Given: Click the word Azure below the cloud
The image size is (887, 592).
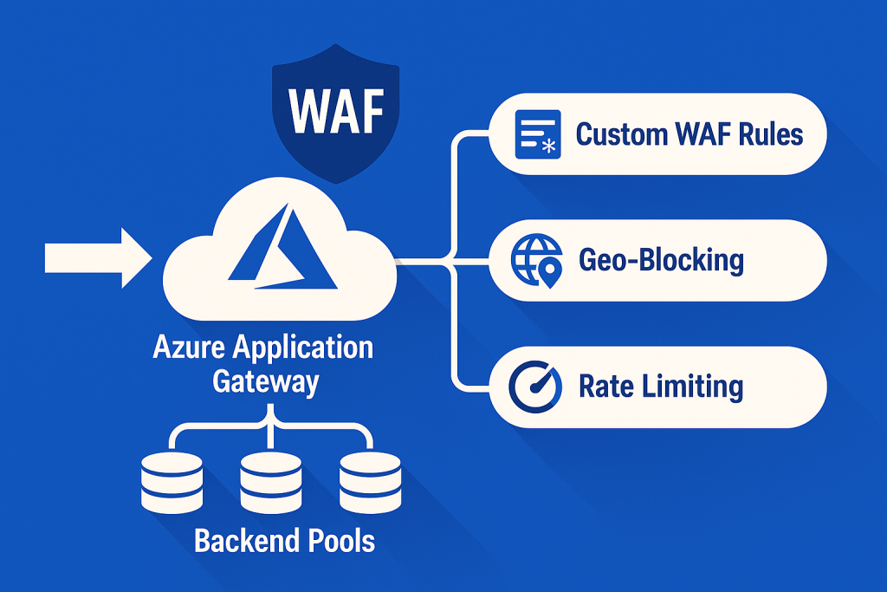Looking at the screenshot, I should [189, 348].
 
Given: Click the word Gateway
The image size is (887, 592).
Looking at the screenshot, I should [265, 381].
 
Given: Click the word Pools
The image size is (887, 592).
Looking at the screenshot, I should [342, 541].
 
